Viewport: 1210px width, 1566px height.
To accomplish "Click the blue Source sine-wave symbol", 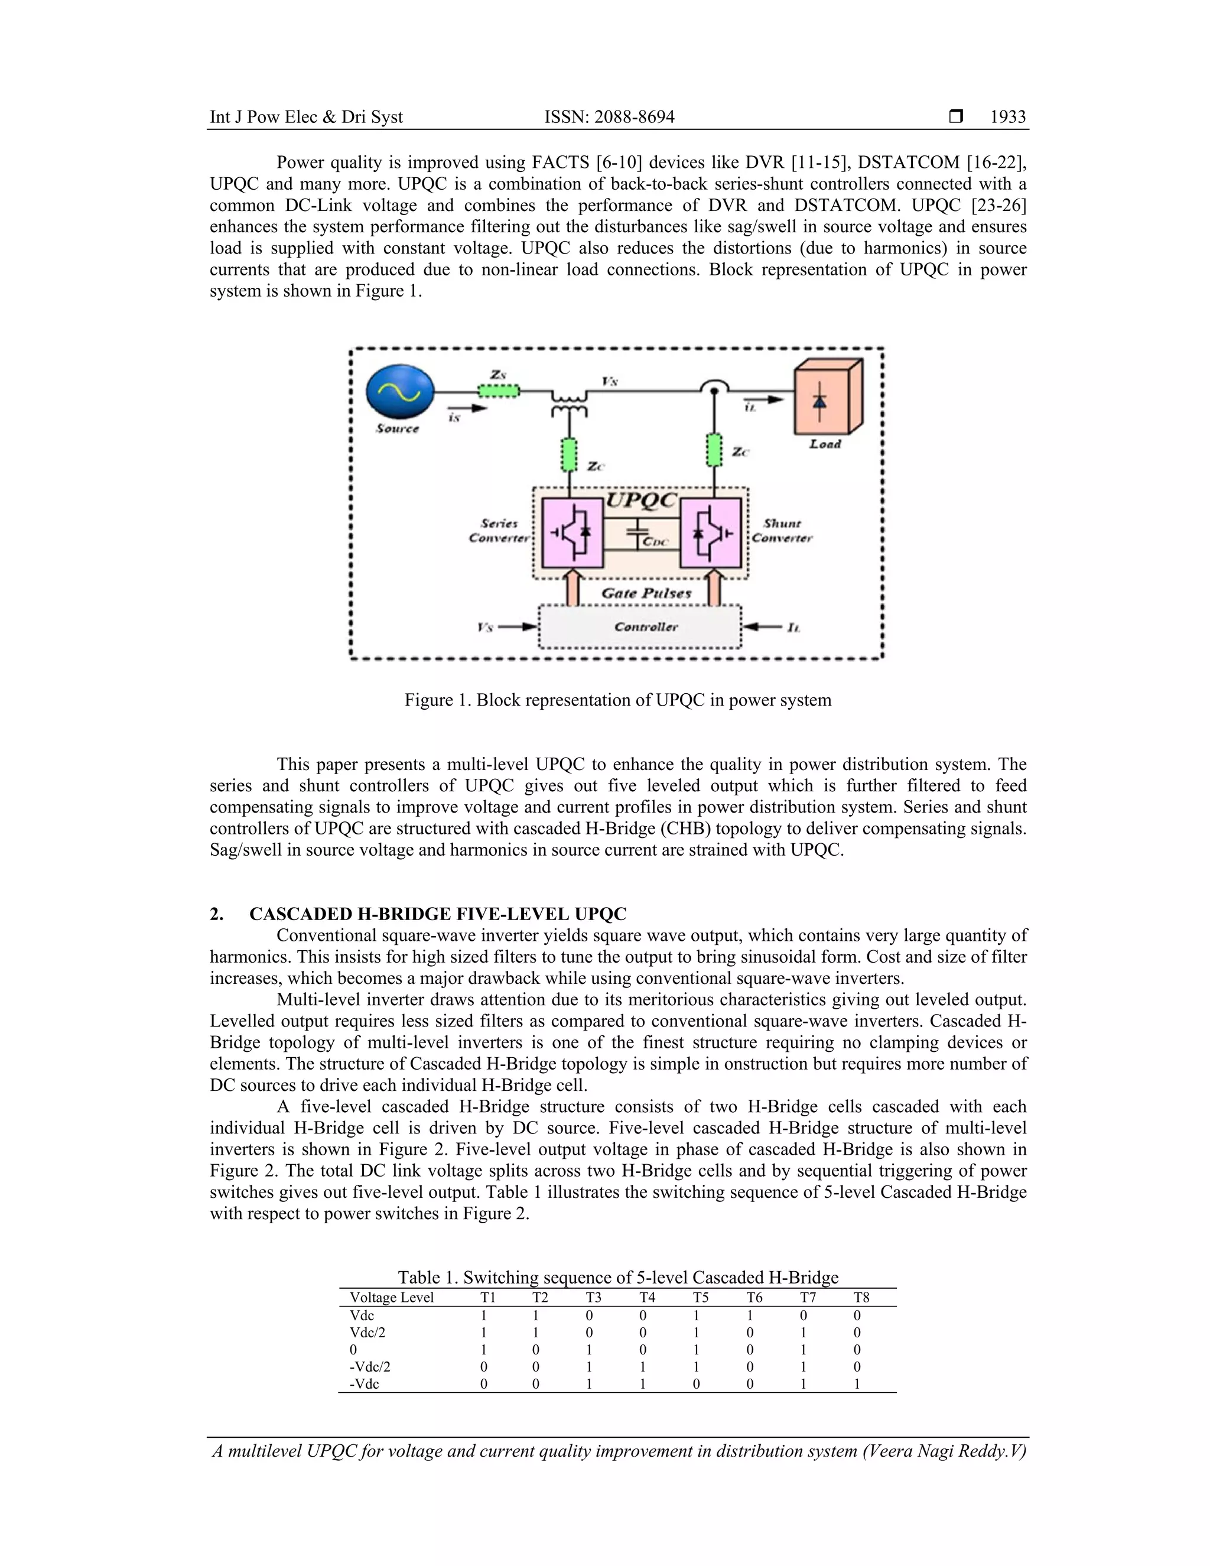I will tap(400, 391).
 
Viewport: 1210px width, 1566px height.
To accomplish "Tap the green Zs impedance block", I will tap(498, 391).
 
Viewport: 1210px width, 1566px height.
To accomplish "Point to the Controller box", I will tap(639, 626).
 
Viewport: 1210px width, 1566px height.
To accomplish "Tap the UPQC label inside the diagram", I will tap(641, 500).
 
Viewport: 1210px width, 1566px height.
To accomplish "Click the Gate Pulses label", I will tap(645, 593).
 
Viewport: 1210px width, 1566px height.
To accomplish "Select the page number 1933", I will tap(1007, 117).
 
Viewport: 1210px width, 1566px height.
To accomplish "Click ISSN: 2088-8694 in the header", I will tap(609, 117).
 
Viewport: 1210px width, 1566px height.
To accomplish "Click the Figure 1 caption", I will tap(617, 700).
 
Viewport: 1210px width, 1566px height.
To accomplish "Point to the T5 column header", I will tap(700, 1298).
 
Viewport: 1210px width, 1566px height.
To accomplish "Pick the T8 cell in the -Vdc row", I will tap(857, 1384).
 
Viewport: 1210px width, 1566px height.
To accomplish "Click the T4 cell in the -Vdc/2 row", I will tap(643, 1367).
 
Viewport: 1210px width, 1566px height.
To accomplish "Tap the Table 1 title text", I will tap(617, 1278).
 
